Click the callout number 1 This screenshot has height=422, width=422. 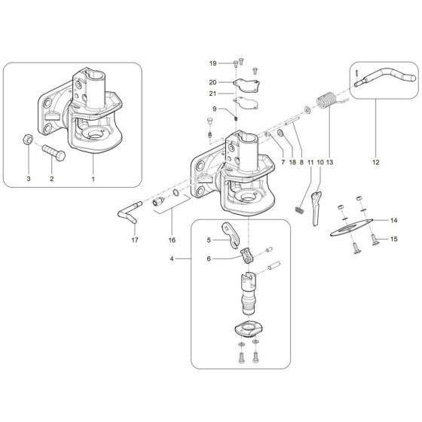coord(93,179)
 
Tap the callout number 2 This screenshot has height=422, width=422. coord(51,179)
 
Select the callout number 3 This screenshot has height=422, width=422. coord(29,179)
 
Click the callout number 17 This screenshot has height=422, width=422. coord(135,241)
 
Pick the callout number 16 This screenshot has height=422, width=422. coord(173,241)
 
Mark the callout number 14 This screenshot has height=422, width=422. coord(393,220)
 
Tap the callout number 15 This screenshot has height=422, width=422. coord(393,240)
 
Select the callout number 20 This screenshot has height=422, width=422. coord(213,81)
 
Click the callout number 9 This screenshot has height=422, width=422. coord(214,110)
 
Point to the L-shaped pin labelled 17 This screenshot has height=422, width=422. coord(127,213)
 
